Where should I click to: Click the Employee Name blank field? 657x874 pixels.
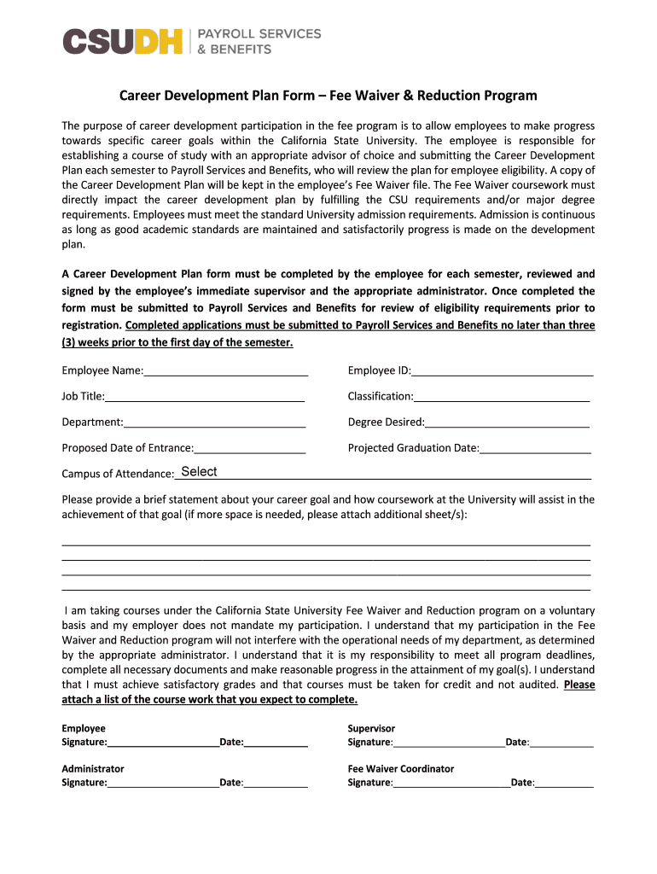pos(226,370)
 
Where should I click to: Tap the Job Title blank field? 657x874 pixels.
pos(205,396)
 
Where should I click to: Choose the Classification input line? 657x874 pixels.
pos(502,396)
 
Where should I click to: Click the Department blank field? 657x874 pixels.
pos(214,422)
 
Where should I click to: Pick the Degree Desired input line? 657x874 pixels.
pos(507,422)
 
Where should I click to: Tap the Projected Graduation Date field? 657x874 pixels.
pos(535,447)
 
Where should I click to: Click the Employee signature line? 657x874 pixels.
pos(163,742)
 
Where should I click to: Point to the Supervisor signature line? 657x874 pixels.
pos(449,742)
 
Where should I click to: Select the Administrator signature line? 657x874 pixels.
pos(163,781)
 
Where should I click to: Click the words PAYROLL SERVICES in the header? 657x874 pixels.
pos(259,33)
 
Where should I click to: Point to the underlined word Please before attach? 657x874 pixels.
pos(579,685)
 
